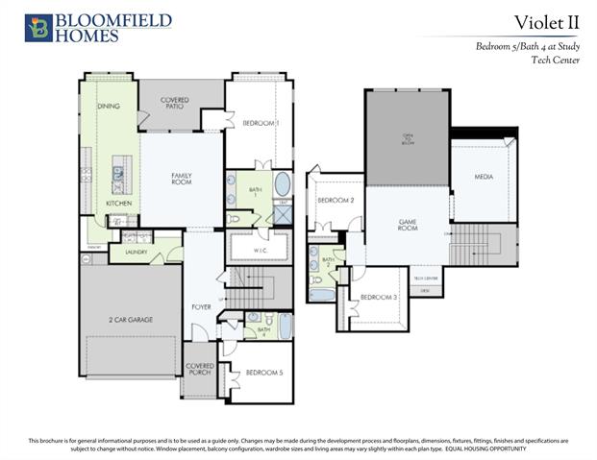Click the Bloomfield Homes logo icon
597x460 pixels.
point(38,27)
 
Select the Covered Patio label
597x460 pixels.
point(175,103)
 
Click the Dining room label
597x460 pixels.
point(109,106)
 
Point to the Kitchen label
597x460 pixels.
point(118,204)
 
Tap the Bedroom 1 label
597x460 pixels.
point(261,124)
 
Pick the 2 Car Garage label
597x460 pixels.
point(130,320)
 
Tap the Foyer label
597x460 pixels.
point(201,308)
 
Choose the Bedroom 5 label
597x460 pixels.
point(263,373)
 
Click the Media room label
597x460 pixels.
point(483,177)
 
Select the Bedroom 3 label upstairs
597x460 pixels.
point(379,298)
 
